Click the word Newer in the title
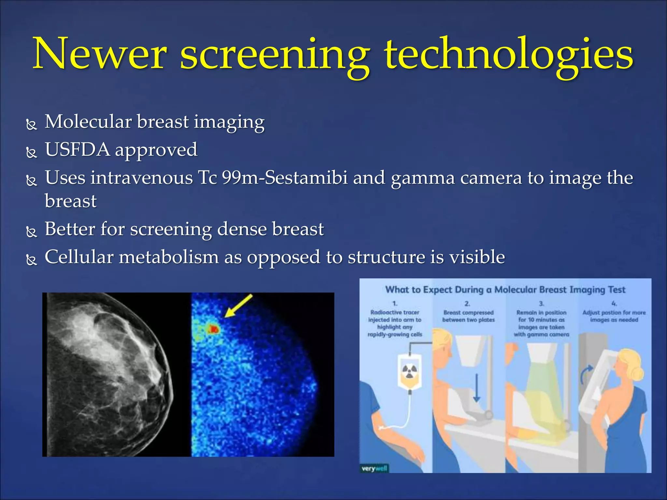[x=100, y=54]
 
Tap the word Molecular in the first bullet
[x=88, y=122]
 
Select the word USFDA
[x=78, y=150]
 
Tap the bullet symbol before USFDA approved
[x=32, y=152]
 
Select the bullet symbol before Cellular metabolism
[x=32, y=259]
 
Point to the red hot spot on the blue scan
[x=214, y=329]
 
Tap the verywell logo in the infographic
[x=374, y=468]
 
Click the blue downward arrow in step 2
[x=476, y=388]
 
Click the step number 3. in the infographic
[x=541, y=304]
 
